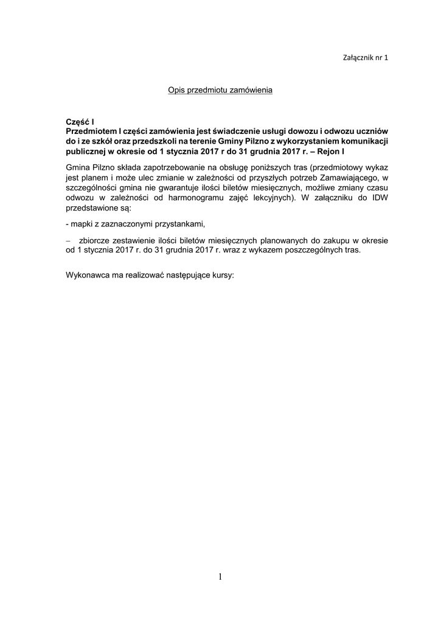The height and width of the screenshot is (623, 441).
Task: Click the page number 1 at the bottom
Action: click(220, 577)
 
